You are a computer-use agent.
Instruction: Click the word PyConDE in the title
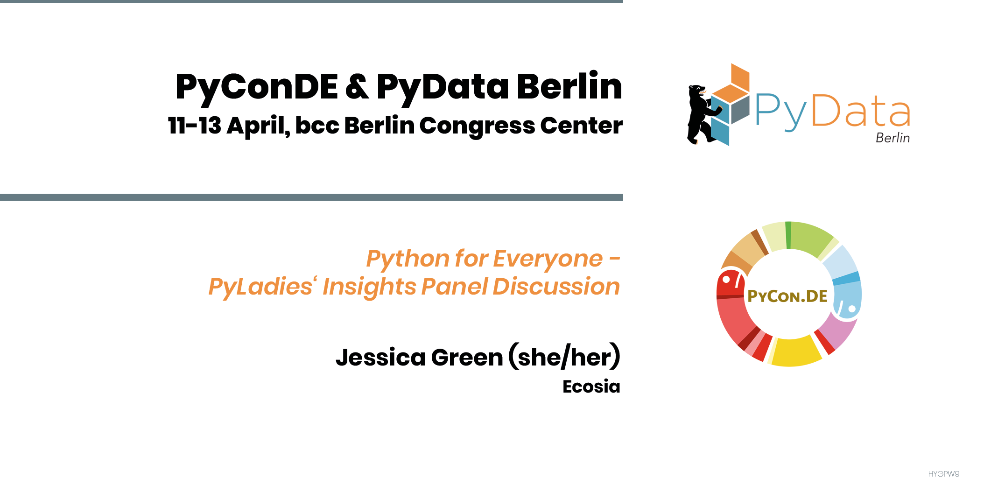256,87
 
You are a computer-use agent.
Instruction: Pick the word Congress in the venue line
476,127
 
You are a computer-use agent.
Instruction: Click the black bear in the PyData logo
703,114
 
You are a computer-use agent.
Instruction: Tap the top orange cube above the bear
740,77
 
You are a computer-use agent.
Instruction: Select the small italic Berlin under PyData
893,138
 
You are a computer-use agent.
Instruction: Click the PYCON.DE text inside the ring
787,296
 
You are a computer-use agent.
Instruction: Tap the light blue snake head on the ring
847,301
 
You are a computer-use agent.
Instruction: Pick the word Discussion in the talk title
556,287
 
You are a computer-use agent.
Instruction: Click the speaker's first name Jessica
380,358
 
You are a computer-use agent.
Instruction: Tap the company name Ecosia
591,387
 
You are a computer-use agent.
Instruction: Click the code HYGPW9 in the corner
943,474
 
